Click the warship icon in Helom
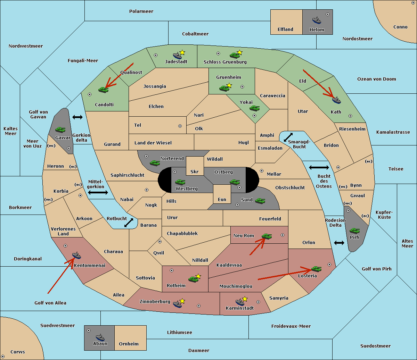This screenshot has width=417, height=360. pos(317,20)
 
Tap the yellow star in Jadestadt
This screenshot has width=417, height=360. pos(182,53)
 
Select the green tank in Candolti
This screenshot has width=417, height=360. pos(103,90)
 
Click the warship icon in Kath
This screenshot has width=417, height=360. pos(336,100)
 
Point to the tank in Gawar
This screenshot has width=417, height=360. pos(60,129)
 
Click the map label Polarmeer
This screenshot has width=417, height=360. pos(141,11)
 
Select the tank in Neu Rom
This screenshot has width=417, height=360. pos(267,236)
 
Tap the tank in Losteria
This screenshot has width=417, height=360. pos(316,269)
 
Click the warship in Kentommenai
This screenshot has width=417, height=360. pos(76,255)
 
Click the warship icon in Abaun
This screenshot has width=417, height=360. pos(100,337)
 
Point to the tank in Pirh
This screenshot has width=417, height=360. pos(354,231)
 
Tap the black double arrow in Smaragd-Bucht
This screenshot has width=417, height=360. pos(288,137)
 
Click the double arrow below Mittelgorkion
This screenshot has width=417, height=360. pos(98,192)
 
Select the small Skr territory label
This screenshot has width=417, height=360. pos(195,171)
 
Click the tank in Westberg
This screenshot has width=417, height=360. pos(180,182)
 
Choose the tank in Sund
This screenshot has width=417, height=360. pos(260,201)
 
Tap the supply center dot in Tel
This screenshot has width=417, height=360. pos(180,126)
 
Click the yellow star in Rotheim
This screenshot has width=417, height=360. pos(198,276)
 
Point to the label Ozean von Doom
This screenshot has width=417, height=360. pos(377,79)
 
